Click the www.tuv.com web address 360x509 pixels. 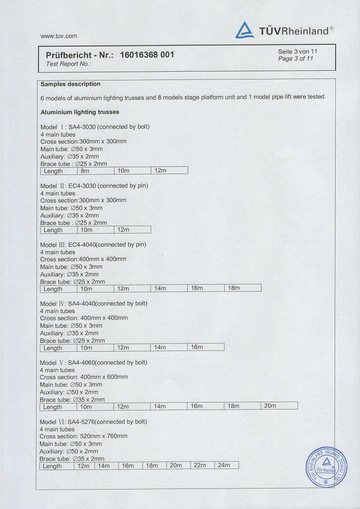click(x=59, y=36)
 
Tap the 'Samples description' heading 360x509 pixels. click(x=70, y=84)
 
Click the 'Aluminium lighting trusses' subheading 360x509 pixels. click(x=80, y=112)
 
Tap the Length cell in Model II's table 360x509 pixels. click(x=58, y=230)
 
